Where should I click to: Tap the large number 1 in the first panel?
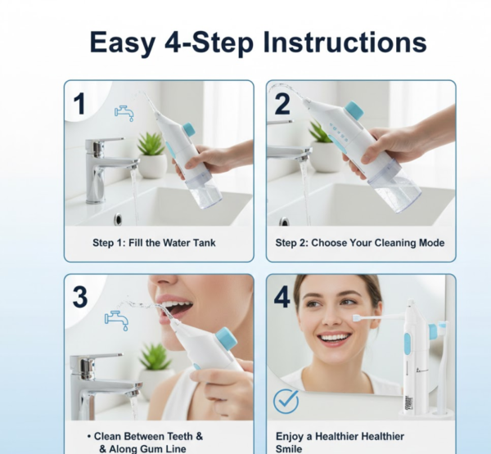(79, 104)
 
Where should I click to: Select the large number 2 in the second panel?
(282, 104)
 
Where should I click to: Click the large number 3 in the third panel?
(79, 297)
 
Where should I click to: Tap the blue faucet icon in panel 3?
(116, 318)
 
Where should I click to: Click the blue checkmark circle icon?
(286, 401)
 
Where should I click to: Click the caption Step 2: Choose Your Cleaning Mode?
(360, 243)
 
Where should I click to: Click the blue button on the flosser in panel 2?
(354, 110)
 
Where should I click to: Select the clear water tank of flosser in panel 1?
(205, 193)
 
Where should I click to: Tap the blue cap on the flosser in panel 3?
(225, 338)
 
